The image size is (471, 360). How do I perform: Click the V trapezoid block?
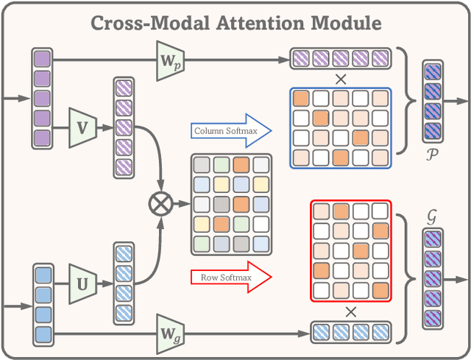pos(83,126)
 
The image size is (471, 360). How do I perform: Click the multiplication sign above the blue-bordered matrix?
pos(341,77)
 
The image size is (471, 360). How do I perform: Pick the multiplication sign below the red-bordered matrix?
pos(351,311)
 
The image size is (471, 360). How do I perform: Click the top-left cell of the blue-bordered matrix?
pos(302,99)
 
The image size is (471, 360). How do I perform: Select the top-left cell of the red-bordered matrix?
pos(321,212)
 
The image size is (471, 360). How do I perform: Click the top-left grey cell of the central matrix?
pos(202,166)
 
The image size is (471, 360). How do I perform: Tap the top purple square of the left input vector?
pos(42,59)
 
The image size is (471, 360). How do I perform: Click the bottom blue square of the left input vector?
pos(42,333)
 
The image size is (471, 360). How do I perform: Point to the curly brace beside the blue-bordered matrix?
pos(403,100)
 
